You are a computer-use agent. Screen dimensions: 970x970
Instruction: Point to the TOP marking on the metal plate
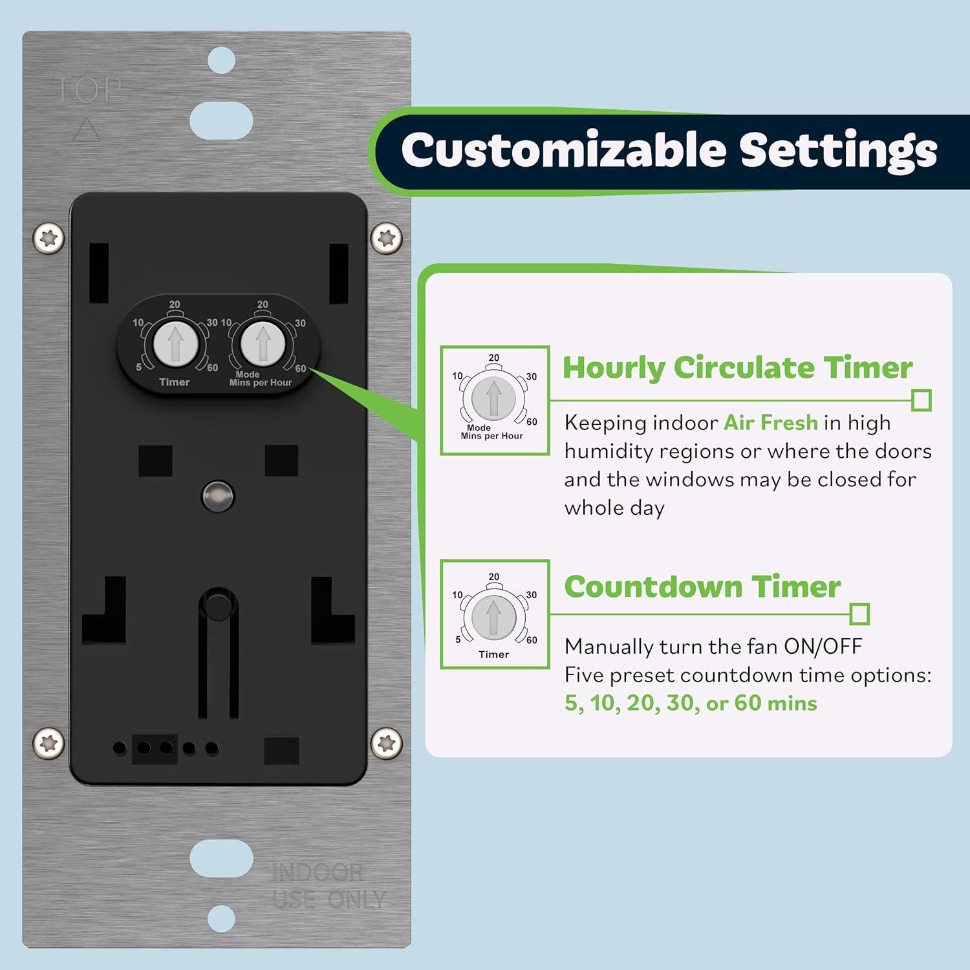pyautogui.click(x=88, y=90)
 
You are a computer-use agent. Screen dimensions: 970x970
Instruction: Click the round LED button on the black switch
pyautogui.click(x=218, y=496)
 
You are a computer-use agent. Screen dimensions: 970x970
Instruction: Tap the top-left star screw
pyautogui.click(x=49, y=239)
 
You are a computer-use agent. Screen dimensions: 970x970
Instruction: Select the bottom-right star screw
pyautogui.click(x=386, y=743)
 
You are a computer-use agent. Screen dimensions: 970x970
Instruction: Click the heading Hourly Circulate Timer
pyautogui.click(x=737, y=367)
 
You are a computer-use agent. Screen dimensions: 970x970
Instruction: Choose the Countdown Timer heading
pyautogui.click(x=702, y=587)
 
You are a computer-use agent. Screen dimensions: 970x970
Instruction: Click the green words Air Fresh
pyautogui.click(x=771, y=422)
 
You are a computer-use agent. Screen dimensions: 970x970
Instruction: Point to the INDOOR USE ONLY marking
pyautogui.click(x=328, y=886)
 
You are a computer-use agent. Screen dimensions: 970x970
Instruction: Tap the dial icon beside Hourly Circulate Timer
pyautogui.click(x=495, y=400)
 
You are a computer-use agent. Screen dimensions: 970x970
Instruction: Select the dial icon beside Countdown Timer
pyautogui.click(x=495, y=614)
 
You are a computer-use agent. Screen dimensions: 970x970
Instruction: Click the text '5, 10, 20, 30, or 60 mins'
pyautogui.click(x=691, y=703)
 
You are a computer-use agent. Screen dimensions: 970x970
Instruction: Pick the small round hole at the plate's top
pyautogui.click(x=221, y=61)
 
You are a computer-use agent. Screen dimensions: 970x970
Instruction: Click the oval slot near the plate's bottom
pyautogui.click(x=221, y=858)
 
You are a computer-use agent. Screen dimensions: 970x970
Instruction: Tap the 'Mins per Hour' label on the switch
pyautogui.click(x=261, y=383)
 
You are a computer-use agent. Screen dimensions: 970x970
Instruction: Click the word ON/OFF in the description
pyautogui.click(x=823, y=646)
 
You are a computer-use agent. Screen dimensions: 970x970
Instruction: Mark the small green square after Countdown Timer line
pyautogui.click(x=859, y=614)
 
